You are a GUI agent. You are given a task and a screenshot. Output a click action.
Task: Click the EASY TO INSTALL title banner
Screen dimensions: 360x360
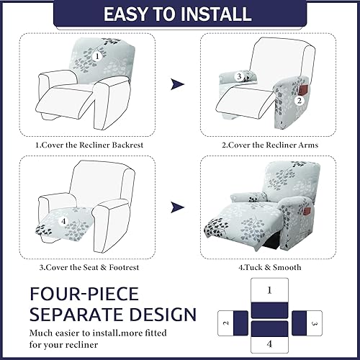(x=180, y=14)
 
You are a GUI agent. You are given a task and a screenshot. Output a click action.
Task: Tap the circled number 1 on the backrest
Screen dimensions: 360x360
(x=97, y=55)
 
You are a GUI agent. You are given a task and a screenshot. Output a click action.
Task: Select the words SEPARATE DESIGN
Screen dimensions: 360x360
(x=112, y=315)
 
